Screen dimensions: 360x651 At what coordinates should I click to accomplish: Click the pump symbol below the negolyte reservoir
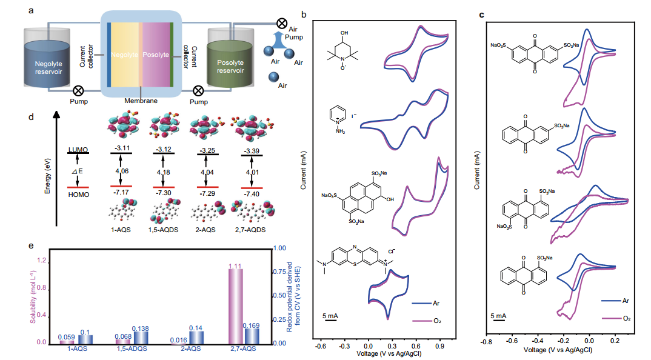click(x=78, y=91)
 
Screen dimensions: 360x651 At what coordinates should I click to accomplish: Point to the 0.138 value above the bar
click(x=141, y=327)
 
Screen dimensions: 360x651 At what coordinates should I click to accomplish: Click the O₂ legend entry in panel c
click(x=626, y=318)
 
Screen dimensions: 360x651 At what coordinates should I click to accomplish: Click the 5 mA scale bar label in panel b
click(x=331, y=316)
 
